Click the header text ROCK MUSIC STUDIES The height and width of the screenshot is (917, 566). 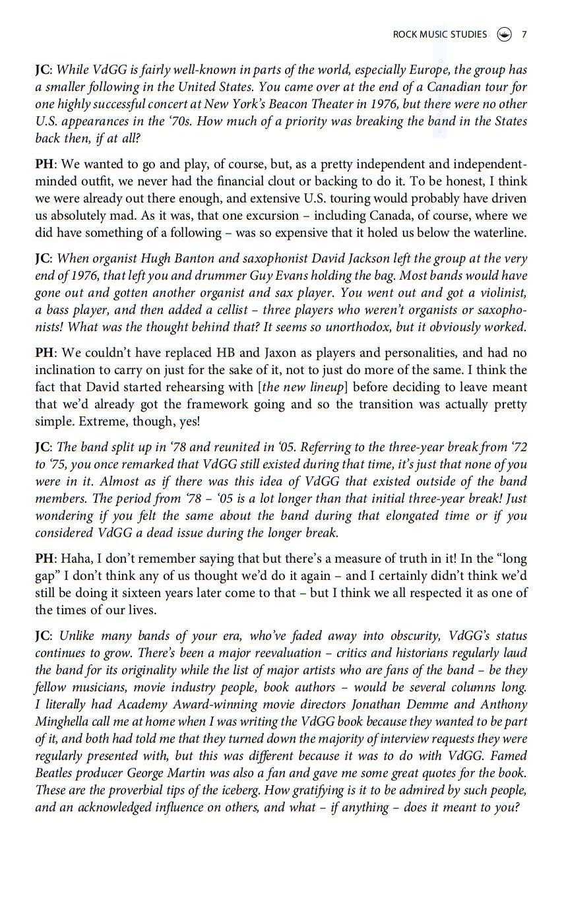click(x=439, y=34)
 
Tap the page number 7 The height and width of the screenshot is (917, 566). click(x=524, y=34)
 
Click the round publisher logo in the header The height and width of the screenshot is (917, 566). click(x=504, y=34)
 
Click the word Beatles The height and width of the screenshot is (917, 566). click(x=55, y=773)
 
